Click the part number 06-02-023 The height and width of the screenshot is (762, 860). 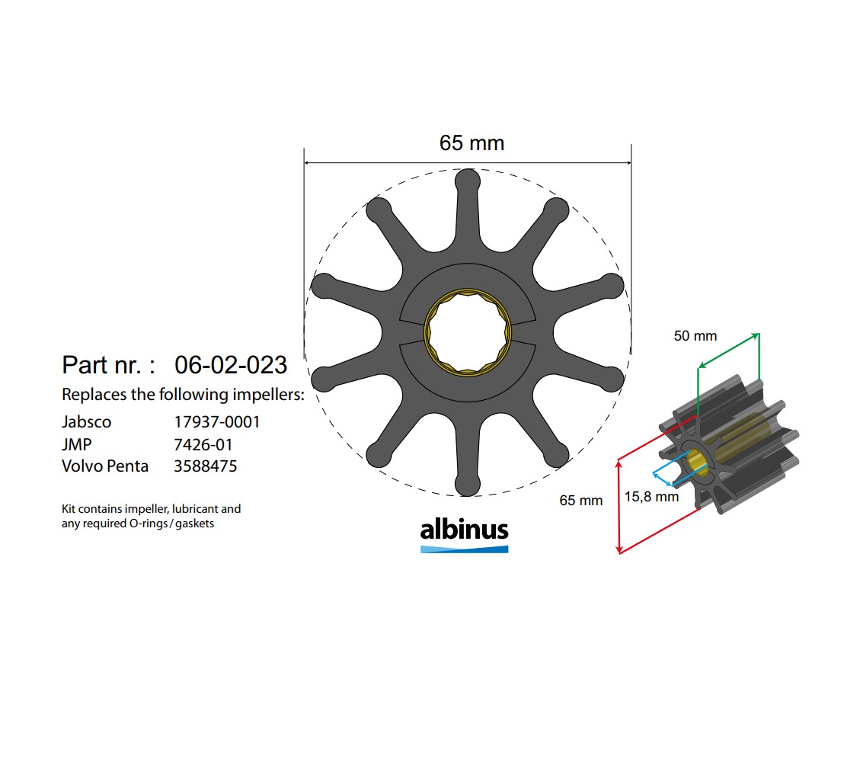pos(231,365)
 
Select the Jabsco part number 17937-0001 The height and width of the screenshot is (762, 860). pos(217,421)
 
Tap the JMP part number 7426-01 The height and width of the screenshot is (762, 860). pos(203,444)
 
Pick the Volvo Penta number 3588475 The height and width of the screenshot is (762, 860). pos(206,466)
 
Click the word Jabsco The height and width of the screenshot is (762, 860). pos(86,421)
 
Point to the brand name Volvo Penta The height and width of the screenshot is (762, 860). pos(105,466)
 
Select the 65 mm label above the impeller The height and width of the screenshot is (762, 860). pos(472,142)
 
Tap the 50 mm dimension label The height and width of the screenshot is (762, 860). pos(695,336)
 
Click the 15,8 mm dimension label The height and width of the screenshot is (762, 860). pos(651,497)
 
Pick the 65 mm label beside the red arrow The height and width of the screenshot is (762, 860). pos(580,501)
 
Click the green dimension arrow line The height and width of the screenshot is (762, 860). pos(728,351)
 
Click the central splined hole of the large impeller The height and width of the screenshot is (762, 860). pos(467,332)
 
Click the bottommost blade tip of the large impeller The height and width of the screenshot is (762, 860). pos(467,483)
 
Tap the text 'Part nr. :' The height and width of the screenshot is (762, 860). pos(108,365)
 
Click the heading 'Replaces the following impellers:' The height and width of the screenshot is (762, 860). pos(183,395)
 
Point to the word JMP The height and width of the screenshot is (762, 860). pos(76,444)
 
